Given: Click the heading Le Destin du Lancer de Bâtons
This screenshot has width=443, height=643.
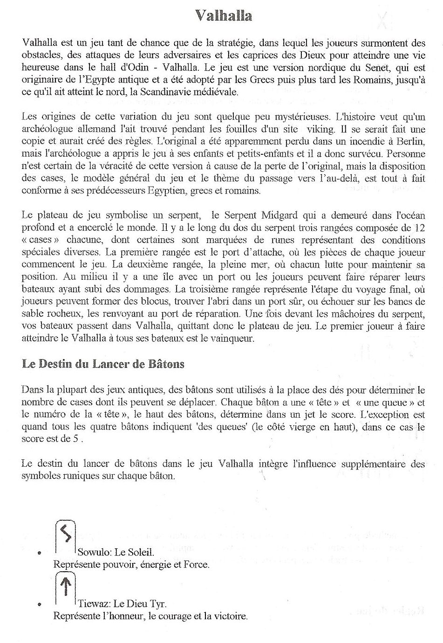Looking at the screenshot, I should [x=103, y=364].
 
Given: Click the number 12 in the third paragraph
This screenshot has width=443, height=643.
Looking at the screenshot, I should [x=419, y=228].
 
